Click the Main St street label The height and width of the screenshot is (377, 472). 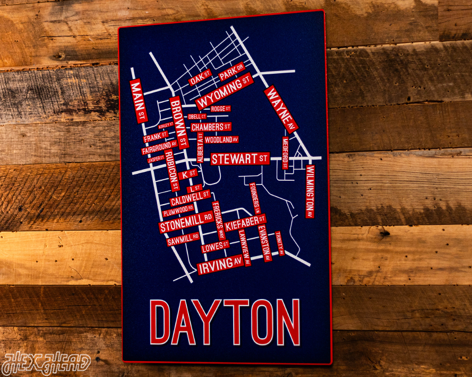pos(139,101)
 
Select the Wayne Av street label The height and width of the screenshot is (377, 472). pos(281,109)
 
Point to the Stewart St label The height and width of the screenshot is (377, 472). pos(240,159)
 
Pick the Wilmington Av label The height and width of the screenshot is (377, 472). pos(310,191)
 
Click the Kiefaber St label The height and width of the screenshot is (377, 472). pos(245,222)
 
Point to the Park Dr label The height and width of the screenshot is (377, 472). pos(231,73)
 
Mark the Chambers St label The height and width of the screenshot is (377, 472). pos(211,127)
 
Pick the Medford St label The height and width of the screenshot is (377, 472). pos(285,152)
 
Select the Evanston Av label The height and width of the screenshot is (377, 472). pos(265,243)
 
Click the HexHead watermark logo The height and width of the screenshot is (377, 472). pos(46,363)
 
